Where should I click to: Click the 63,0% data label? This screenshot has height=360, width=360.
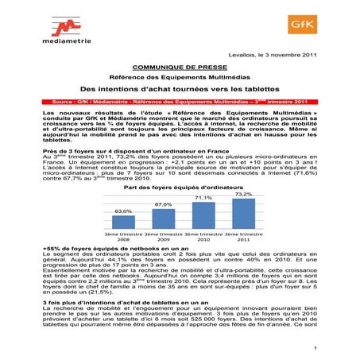123,211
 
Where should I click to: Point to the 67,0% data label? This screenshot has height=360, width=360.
164,204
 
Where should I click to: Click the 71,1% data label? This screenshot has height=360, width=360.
203,198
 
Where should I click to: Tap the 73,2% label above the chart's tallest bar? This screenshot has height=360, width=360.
243,194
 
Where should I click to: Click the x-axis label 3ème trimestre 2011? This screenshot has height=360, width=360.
243,238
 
